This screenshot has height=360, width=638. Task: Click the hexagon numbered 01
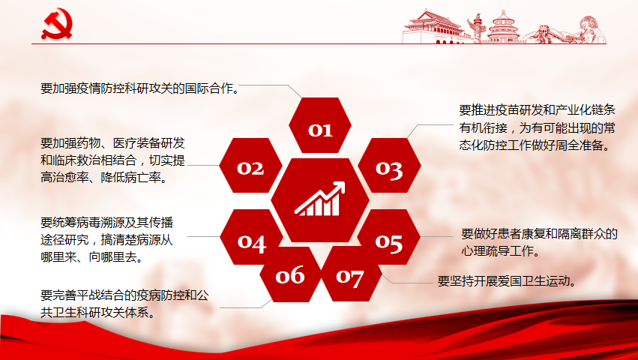pyautogui.click(x=320, y=125)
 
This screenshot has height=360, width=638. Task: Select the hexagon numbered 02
pyautogui.click(x=250, y=165)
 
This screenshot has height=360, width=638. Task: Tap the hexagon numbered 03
pyautogui.click(x=389, y=165)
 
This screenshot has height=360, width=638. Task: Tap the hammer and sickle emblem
pyautogui.click(x=57, y=23)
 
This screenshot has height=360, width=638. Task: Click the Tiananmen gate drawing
pyautogui.click(x=433, y=27)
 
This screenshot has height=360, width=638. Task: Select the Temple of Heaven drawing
pyautogui.click(x=503, y=26)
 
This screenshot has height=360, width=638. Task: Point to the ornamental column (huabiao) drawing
pyautogui.click(x=476, y=28)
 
